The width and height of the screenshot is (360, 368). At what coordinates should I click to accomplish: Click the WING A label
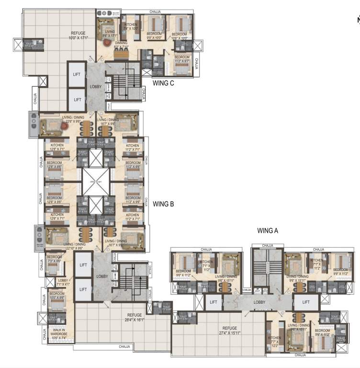tap(268, 230)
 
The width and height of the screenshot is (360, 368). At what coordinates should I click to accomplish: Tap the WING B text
tap(163, 204)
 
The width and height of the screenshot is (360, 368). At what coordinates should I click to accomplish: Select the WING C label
tap(163, 83)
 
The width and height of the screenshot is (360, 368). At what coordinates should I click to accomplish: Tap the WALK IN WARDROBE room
tap(60, 334)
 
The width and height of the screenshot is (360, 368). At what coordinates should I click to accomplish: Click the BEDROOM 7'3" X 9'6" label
tap(54, 259)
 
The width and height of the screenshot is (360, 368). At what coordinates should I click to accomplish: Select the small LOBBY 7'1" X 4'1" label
tap(63, 282)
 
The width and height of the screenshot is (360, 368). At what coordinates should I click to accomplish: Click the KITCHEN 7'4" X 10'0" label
tap(131, 26)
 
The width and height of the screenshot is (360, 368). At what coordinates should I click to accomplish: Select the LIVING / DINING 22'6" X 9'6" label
tap(73, 118)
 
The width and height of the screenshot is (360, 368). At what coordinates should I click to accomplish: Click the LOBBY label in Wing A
tap(259, 302)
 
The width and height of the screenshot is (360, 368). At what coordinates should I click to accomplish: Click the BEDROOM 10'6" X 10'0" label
tap(180, 36)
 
